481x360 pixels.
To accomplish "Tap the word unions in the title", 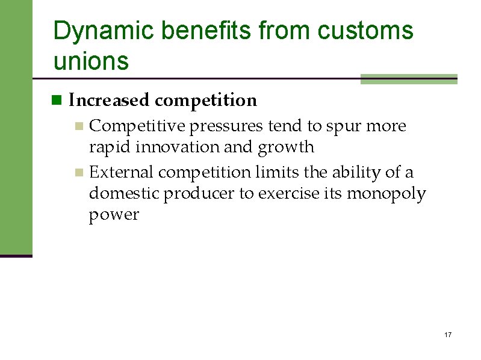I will point(91,61).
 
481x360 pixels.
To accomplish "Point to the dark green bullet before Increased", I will point(57,101).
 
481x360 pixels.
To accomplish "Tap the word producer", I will point(195,194).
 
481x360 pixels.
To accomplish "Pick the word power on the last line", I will point(114,215).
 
